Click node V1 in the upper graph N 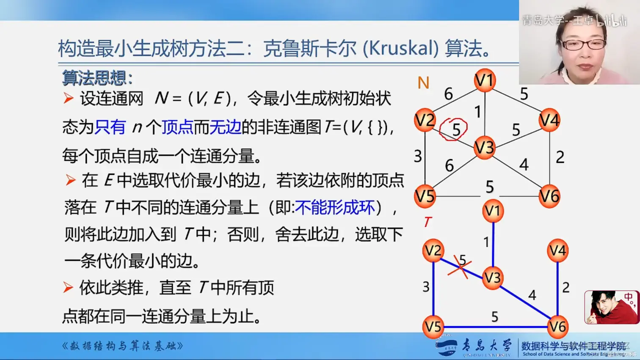(485, 80)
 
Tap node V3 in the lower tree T (492, 278)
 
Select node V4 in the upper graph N (549, 120)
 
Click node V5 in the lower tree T (433, 327)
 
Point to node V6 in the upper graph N (549, 196)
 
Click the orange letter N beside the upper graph (423, 83)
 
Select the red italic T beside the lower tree (428, 222)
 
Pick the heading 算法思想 (97, 78)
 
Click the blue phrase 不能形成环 (335, 207)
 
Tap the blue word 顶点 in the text (177, 127)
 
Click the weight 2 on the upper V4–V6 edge (560, 157)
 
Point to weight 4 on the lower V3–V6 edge (532, 295)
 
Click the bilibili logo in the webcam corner (611, 20)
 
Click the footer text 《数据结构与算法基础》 (123, 346)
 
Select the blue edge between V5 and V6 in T (495, 327)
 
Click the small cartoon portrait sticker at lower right (611, 307)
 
